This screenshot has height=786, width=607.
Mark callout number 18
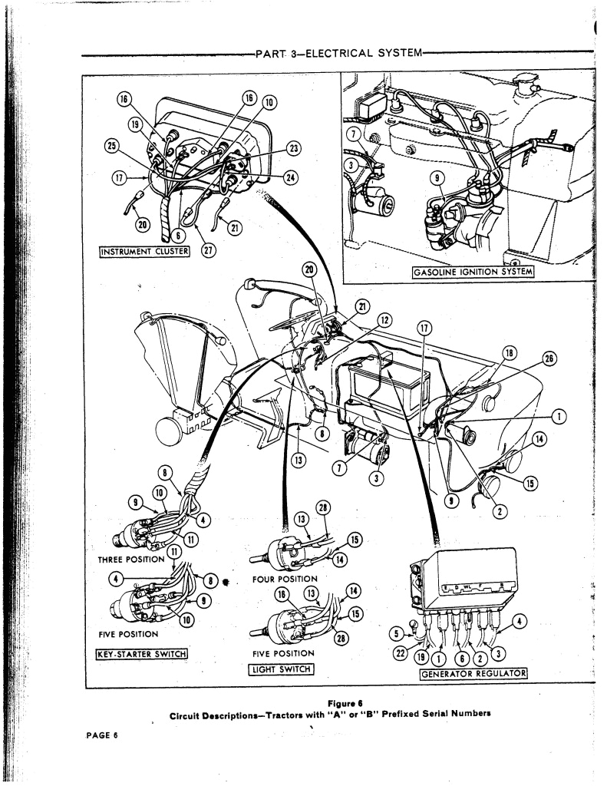[x=510, y=353]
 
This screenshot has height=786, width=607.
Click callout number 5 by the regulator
[x=398, y=633]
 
